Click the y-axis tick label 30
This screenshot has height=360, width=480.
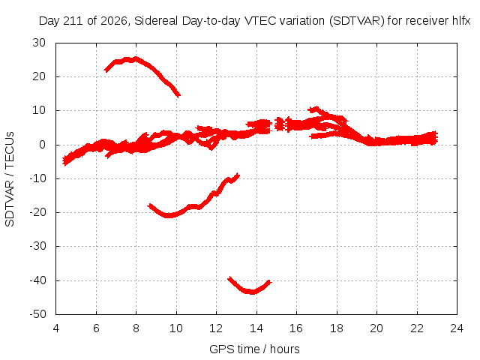pos(39,43)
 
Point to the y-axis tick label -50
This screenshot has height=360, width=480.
pos(37,314)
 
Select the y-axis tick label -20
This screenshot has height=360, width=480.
pos(37,212)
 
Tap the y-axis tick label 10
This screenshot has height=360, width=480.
pos(39,110)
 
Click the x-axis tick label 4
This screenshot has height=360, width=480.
pos(56,328)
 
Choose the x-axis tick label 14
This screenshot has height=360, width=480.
pos(256,328)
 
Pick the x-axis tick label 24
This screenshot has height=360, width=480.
pos(457,328)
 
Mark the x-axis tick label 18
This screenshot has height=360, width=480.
pos(337,328)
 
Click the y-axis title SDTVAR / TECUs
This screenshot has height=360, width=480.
pos(10,179)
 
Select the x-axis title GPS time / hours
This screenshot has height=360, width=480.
pos(254,349)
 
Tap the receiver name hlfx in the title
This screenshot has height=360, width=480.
pos(461,21)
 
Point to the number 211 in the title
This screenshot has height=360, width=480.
pos(73,21)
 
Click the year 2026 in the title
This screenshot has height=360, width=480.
pos(114,21)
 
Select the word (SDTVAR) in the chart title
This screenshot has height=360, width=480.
pos(357,21)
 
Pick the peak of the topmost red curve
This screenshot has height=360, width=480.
pos(135,58)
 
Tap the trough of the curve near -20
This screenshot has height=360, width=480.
pos(168,216)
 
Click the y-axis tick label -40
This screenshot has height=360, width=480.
pos(37,280)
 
